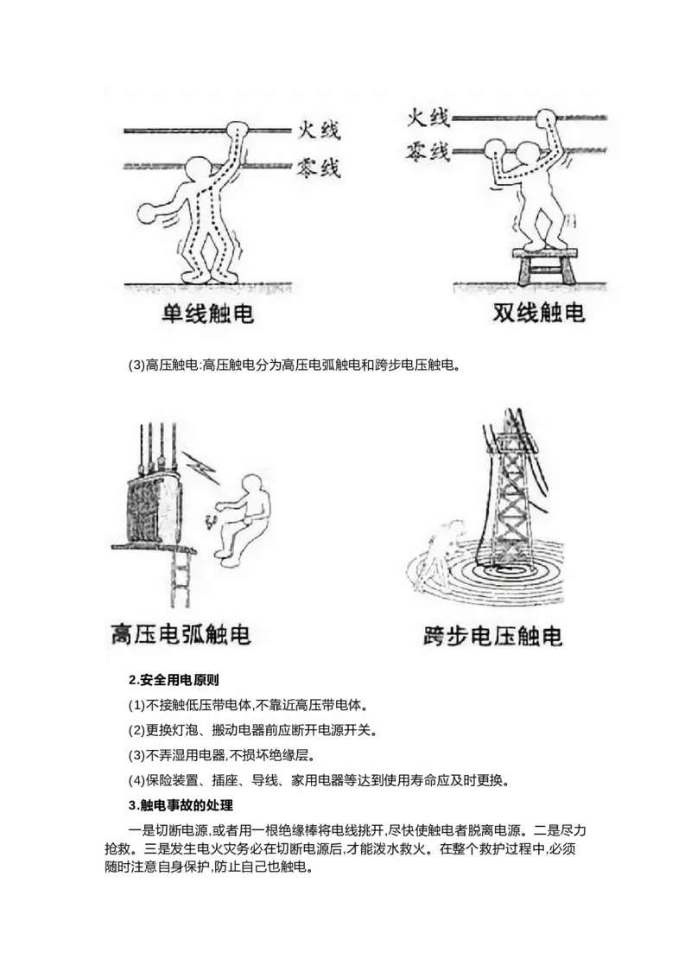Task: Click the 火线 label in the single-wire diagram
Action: click(319, 130)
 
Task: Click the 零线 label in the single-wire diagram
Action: click(319, 167)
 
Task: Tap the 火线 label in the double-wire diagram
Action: click(428, 117)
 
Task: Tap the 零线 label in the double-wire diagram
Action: click(428, 152)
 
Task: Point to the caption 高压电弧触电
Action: click(181, 635)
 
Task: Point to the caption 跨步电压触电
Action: click(493, 637)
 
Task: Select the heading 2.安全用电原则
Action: click(174, 679)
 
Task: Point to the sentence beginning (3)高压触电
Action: click(295, 365)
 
